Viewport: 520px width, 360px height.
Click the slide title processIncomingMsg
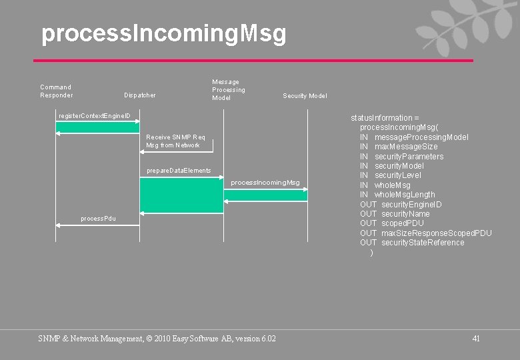click(x=163, y=33)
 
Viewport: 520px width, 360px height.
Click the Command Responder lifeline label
click(x=57, y=91)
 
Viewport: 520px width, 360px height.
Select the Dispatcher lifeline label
click(x=140, y=95)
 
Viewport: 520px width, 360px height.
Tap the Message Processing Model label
click(x=229, y=90)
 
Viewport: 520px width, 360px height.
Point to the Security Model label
click(x=305, y=96)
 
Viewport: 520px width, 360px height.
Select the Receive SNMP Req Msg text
click(x=175, y=141)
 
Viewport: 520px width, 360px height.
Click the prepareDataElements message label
click(x=179, y=171)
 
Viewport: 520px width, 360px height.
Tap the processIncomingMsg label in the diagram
click(x=265, y=183)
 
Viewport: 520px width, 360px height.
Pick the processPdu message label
click(x=98, y=219)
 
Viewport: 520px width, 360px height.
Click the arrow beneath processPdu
click(x=97, y=226)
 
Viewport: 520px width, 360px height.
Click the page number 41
click(x=476, y=339)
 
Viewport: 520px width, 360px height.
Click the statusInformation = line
click(x=385, y=118)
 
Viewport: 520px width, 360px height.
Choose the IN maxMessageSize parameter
click(x=399, y=147)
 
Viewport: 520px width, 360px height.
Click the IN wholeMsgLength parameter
click(x=397, y=195)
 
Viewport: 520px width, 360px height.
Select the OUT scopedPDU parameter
click(x=391, y=223)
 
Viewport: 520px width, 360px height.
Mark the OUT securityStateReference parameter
click(x=412, y=243)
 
